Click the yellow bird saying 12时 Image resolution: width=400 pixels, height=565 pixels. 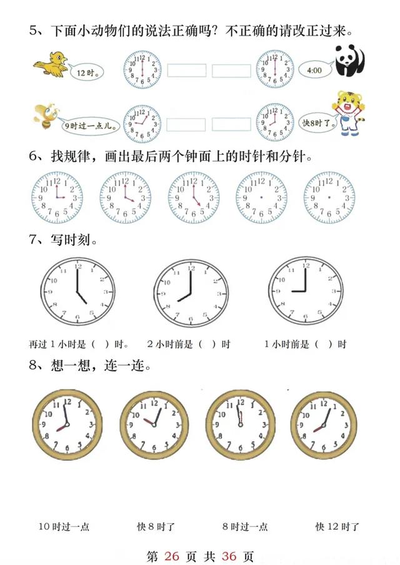[x=51, y=64]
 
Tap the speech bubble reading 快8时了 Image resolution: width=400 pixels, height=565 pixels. [x=319, y=123]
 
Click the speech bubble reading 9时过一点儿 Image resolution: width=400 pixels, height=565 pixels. [x=88, y=125]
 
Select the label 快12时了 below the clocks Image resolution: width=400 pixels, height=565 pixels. [x=337, y=527]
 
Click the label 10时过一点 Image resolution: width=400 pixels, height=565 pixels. [x=64, y=527]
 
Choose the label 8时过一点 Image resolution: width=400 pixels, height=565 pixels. [x=245, y=527]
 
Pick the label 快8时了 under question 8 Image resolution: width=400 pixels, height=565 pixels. [x=156, y=527]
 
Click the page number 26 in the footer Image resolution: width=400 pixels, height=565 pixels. [x=172, y=556]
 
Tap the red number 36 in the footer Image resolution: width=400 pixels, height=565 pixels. [x=229, y=556]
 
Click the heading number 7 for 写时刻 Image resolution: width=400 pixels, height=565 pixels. [x=33, y=239]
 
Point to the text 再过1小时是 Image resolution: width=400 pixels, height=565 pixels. [x=57, y=344]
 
